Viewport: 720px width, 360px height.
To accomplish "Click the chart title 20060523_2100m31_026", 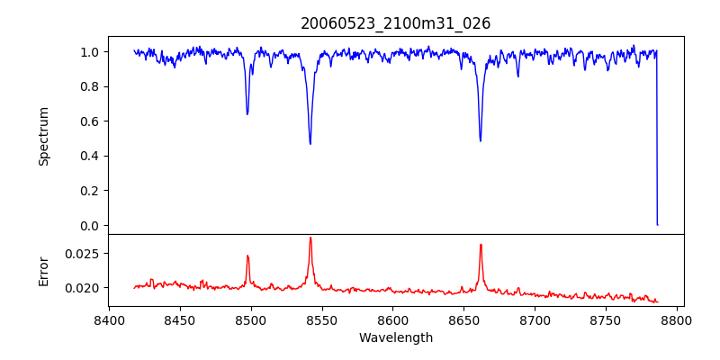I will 396,23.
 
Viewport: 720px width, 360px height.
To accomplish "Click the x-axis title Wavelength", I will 396,337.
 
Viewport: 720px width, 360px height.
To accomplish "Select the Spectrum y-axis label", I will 44,136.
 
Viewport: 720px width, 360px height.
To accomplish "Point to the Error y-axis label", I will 44,271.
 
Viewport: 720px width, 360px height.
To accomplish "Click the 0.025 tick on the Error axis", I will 84,253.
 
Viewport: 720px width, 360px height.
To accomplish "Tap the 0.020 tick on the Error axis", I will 84,288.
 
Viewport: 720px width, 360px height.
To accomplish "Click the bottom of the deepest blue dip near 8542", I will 310,144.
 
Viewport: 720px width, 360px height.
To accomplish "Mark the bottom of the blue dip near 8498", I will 247,114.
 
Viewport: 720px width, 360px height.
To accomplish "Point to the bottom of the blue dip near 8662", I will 481,140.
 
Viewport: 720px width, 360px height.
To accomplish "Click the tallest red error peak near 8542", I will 310,238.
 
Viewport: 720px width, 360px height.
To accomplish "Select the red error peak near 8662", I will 481,244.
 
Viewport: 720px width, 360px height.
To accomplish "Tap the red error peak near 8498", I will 247,256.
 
